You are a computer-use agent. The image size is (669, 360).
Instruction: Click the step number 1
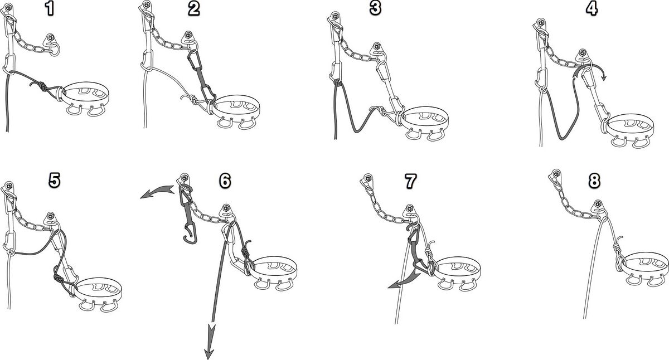pos(49,9)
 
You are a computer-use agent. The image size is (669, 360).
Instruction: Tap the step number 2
pos(193,9)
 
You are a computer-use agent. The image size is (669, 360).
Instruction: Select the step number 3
pos(375,8)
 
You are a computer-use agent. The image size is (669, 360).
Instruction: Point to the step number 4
pos(592,9)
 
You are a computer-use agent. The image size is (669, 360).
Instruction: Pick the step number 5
pos(55,180)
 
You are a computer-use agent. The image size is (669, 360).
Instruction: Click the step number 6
pos(225,181)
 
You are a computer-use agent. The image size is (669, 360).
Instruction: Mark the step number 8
pos(594,181)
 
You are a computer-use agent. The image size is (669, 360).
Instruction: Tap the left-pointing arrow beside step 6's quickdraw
pos(157,192)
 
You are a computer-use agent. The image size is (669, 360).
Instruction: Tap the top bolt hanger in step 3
pos(334,18)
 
